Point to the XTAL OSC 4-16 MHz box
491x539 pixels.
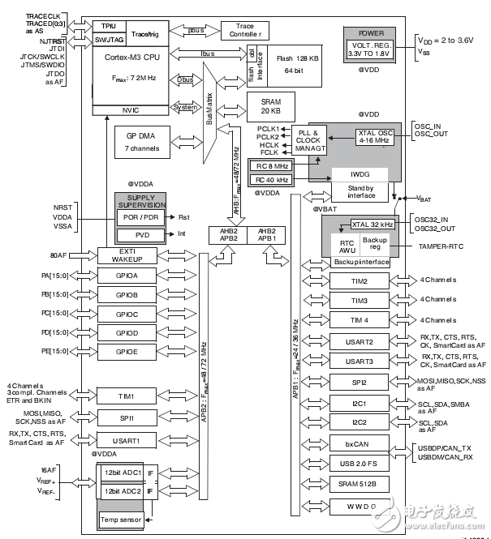[x=375, y=137]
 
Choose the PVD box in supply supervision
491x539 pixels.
[x=143, y=234]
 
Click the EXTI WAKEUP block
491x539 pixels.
[x=131, y=256]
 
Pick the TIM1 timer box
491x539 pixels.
[x=131, y=396]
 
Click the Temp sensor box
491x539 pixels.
[x=120, y=519]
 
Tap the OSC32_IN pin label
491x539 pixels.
[x=435, y=220]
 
